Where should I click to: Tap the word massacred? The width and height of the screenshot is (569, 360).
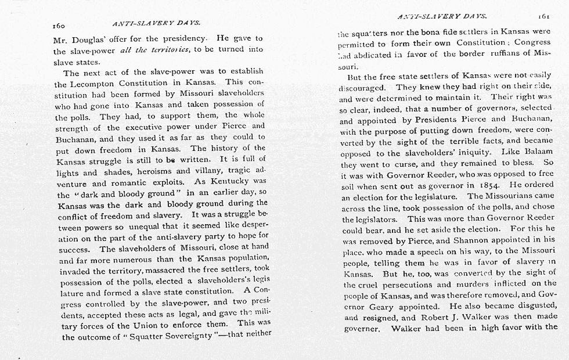tap(159, 271)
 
